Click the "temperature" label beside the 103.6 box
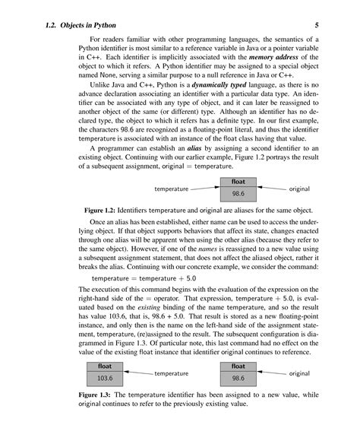[x=171, y=373]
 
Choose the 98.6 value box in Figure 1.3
[x=238, y=377]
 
